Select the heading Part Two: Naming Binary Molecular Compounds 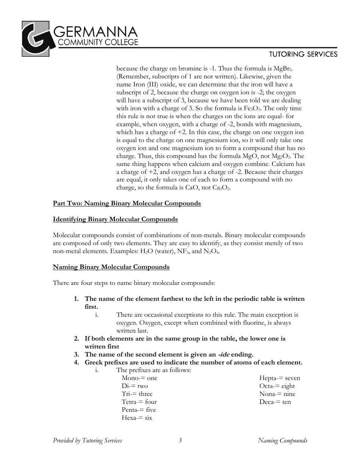click(x=127, y=203)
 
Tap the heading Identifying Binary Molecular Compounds click(x=115, y=219)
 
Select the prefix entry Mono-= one click(x=139, y=378)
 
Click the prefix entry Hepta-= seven click(x=280, y=378)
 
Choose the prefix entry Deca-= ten click(x=275, y=402)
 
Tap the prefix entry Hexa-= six click(x=137, y=418)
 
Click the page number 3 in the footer click(x=180, y=441)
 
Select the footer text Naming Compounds click(x=282, y=441)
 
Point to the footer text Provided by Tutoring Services click(x=88, y=441)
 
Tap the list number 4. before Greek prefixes click(x=77, y=363)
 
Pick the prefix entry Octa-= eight click(x=277, y=386)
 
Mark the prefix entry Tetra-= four click(x=139, y=402)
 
